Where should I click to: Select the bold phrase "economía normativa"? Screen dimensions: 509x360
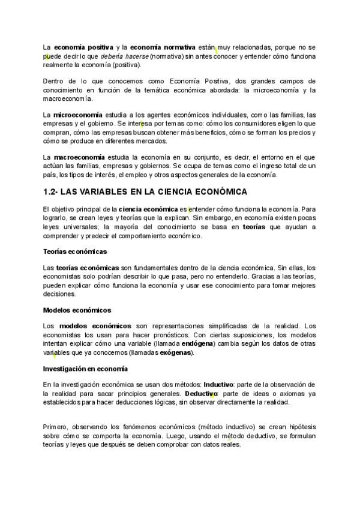(162, 47)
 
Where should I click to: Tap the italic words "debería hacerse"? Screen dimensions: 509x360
(124, 56)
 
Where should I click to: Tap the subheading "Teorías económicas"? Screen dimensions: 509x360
(75, 251)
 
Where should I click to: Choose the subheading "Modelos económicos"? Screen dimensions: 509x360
(77, 310)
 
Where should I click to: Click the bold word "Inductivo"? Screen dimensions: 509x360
(220, 384)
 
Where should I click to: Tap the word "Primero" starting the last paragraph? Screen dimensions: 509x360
(55, 426)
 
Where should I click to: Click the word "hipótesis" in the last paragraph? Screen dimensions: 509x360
(302, 426)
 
